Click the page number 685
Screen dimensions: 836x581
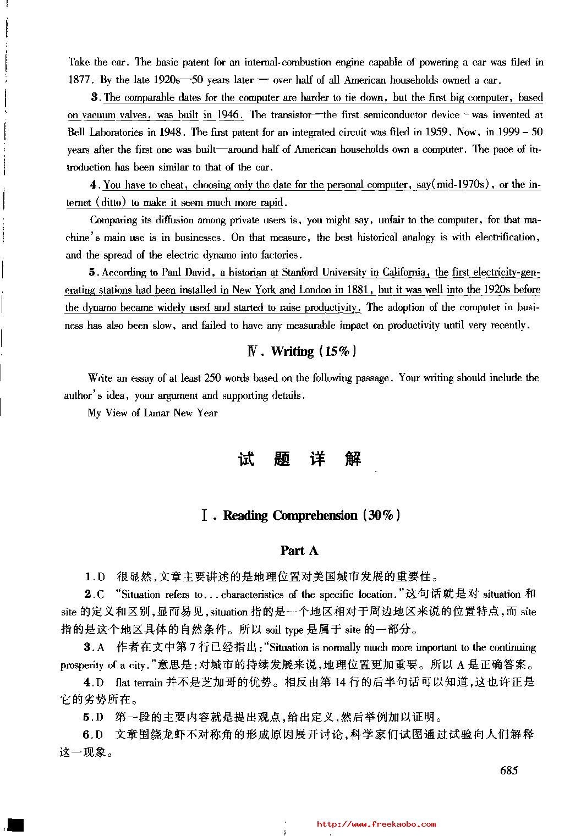(509, 771)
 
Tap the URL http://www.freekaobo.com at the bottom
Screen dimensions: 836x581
(377, 824)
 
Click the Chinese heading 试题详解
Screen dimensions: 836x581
(300, 459)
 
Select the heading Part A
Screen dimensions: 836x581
(299, 551)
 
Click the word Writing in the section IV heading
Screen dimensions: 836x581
(292, 351)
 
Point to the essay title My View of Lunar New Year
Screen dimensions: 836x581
(152, 413)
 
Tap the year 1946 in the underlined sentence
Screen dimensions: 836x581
(229, 115)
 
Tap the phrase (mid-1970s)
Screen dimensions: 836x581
(462, 185)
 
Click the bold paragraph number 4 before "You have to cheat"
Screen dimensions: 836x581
(94, 185)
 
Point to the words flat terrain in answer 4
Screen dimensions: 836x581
(139, 683)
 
